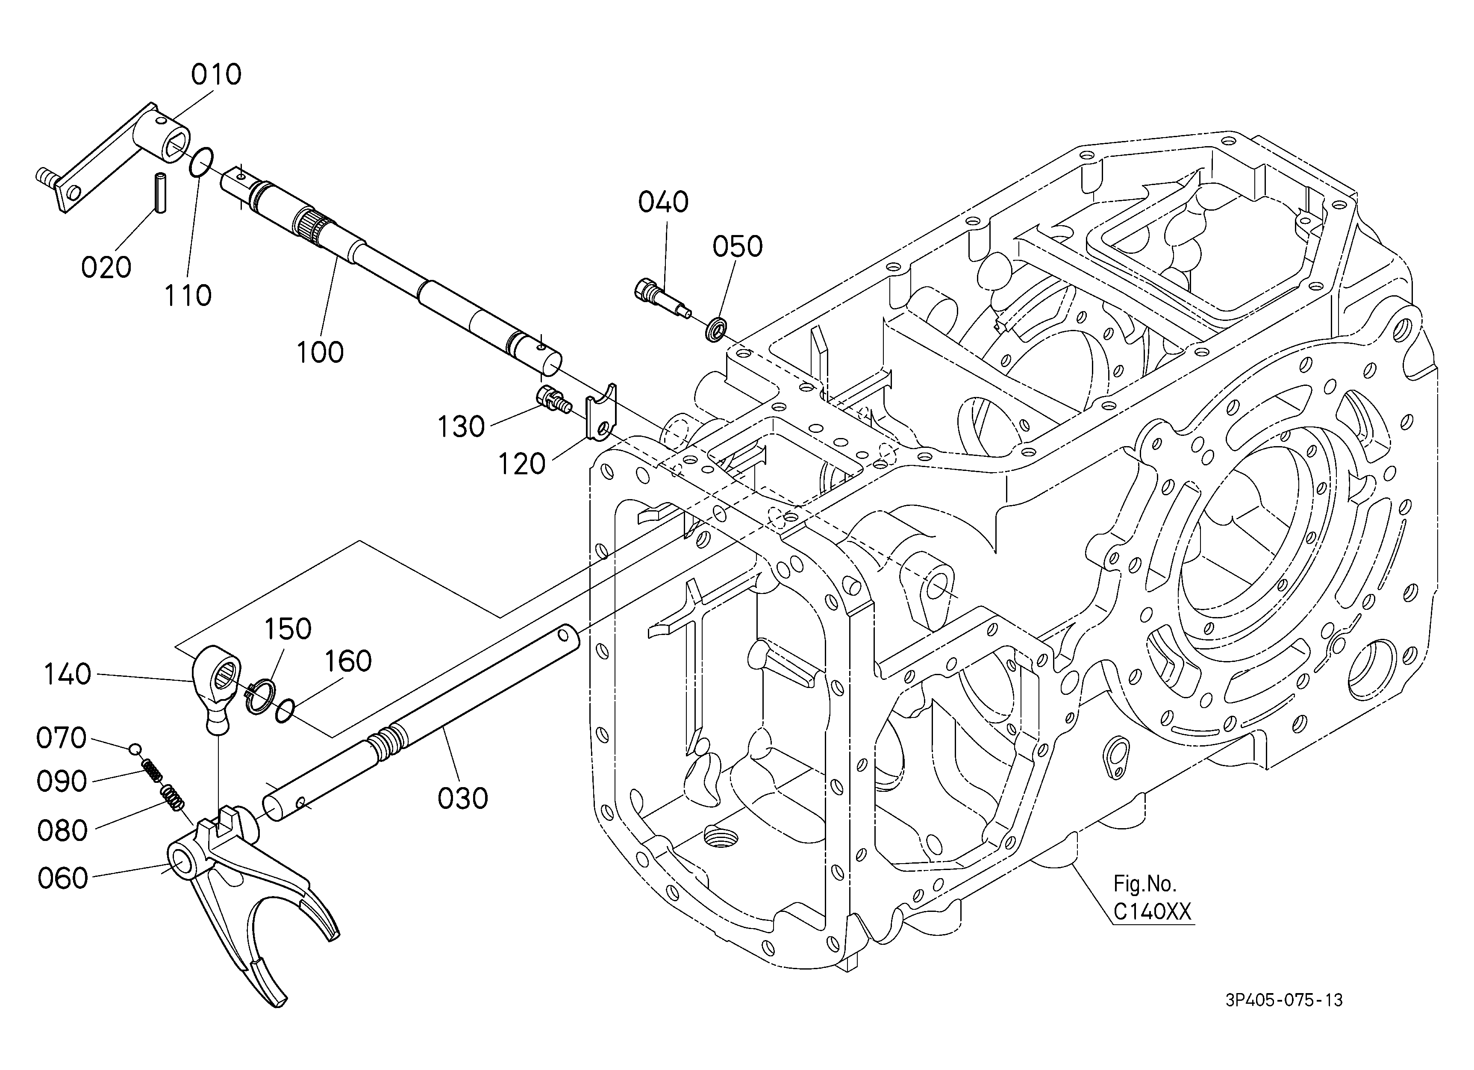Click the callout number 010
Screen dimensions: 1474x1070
tap(216, 75)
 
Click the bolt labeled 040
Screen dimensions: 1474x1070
tap(661, 298)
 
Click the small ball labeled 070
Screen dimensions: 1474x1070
tap(135, 749)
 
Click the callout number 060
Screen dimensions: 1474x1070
tap(62, 878)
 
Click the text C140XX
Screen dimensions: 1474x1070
tap(1152, 913)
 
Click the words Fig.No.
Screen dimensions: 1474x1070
tap(1145, 884)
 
